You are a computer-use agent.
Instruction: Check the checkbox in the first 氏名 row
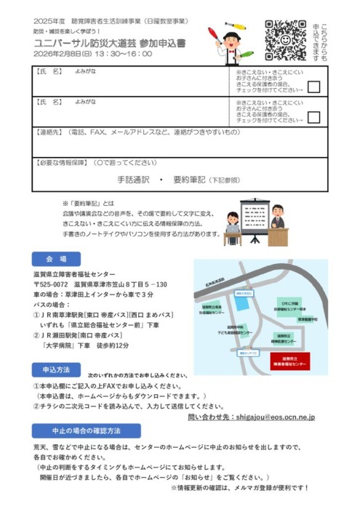pos(313,87)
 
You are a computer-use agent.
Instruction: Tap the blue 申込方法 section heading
pos(56,369)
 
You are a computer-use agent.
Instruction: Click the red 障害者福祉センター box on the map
pos(289,361)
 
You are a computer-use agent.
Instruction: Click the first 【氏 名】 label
pos(50,73)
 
